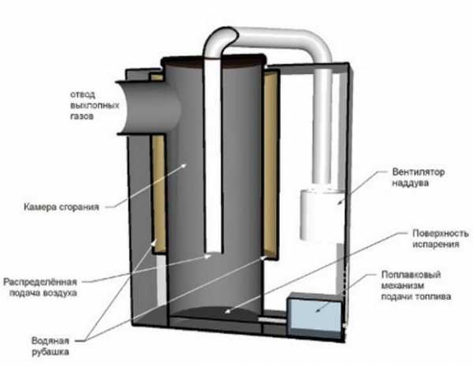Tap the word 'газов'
80,116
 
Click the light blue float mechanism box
313,316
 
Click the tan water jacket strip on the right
270,165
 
